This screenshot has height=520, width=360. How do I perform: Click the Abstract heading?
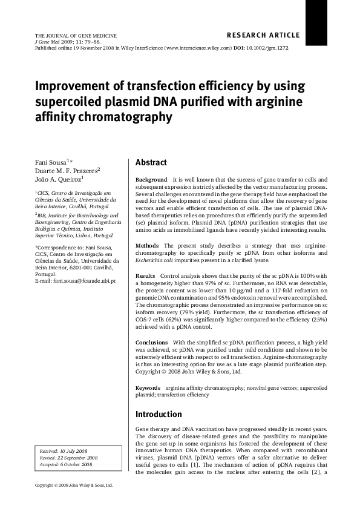point(151,163)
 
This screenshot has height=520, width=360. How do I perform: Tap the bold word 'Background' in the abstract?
point(151,180)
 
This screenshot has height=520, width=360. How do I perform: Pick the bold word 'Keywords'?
point(148,387)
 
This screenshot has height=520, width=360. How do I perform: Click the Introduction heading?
point(159,415)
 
